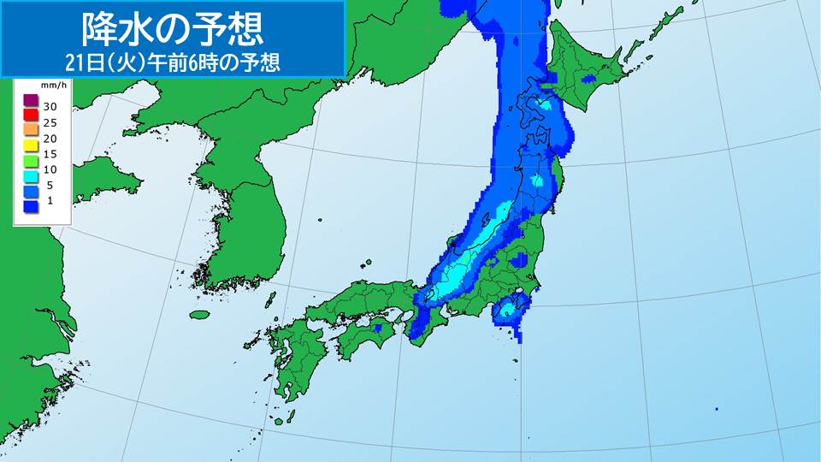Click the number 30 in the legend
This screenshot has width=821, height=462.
[x=50, y=105]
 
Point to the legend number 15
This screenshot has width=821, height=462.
[x=50, y=154]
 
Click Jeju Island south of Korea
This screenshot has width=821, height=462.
[x=200, y=314]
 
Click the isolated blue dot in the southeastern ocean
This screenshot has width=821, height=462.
[x=716, y=409]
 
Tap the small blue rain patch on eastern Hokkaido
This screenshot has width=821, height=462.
[x=588, y=80]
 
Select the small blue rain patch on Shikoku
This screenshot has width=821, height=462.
[x=377, y=328]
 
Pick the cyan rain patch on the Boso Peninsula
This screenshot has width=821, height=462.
[x=505, y=310]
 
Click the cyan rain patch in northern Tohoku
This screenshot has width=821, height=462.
[x=537, y=181]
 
